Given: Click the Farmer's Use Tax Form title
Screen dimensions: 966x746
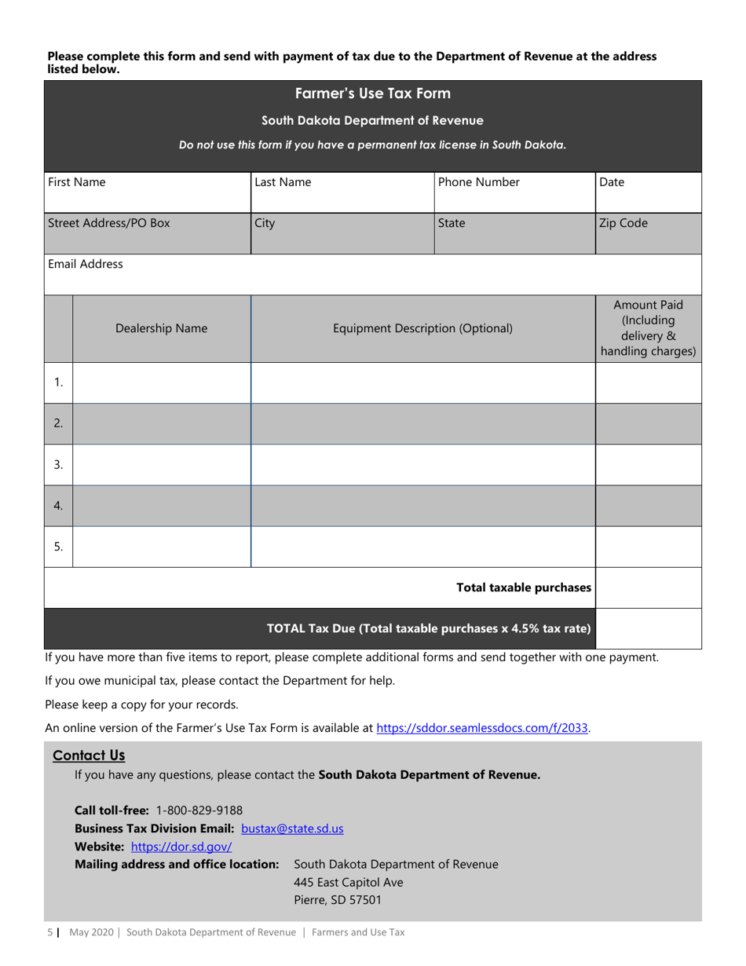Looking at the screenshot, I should pos(373,94).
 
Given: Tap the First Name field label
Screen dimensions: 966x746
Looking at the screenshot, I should pos(77,182).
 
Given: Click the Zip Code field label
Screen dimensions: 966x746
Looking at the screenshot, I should pos(623,222).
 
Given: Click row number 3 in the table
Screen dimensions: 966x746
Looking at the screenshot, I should pos(59,465).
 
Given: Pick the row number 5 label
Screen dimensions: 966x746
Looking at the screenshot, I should pos(59,547).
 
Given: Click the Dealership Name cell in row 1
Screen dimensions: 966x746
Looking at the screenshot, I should pos(161,382).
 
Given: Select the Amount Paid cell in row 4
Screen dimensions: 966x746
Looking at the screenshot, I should pos(648,506).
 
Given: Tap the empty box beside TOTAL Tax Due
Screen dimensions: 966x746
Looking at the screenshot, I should pos(648,628).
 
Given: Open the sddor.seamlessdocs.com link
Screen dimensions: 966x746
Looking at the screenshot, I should pos(483,727).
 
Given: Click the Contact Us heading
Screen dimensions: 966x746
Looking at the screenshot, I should pos(89,756).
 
